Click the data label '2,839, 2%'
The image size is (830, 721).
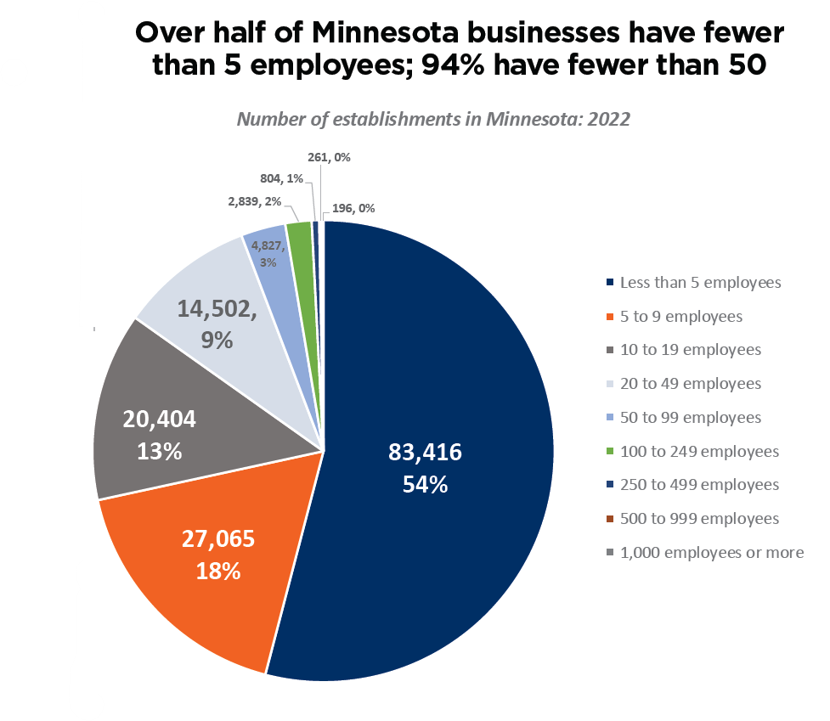pyautogui.click(x=254, y=202)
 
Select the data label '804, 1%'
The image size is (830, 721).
pyautogui.click(x=281, y=178)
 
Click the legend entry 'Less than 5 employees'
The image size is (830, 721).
pyautogui.click(x=700, y=282)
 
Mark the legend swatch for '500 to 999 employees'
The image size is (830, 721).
pyautogui.click(x=610, y=519)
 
